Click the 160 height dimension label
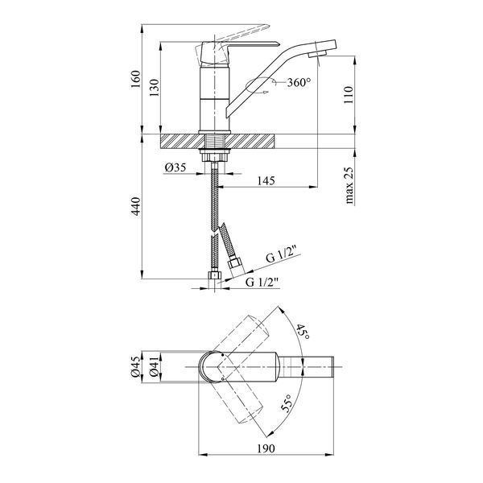(x=135, y=79)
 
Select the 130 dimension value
(x=155, y=88)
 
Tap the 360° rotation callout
(x=299, y=82)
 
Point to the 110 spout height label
(x=349, y=95)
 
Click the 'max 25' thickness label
(x=349, y=185)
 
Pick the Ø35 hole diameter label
(x=175, y=167)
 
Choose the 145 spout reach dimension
(x=266, y=180)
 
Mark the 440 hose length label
(x=135, y=206)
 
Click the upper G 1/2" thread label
(x=282, y=258)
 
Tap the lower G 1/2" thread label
(x=262, y=282)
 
